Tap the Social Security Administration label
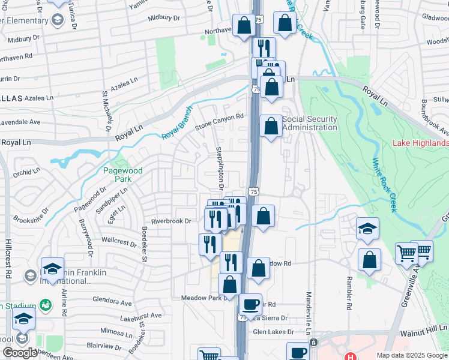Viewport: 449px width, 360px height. [x=310, y=123]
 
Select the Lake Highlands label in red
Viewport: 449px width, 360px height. [x=420, y=143]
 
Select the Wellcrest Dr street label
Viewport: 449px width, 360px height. [x=119, y=242]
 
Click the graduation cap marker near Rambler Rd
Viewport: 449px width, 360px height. [x=367, y=228]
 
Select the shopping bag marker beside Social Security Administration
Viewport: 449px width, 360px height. [x=271, y=126]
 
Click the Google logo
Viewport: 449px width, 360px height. [x=20, y=353]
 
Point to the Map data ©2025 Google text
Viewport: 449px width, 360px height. [x=412, y=355]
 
